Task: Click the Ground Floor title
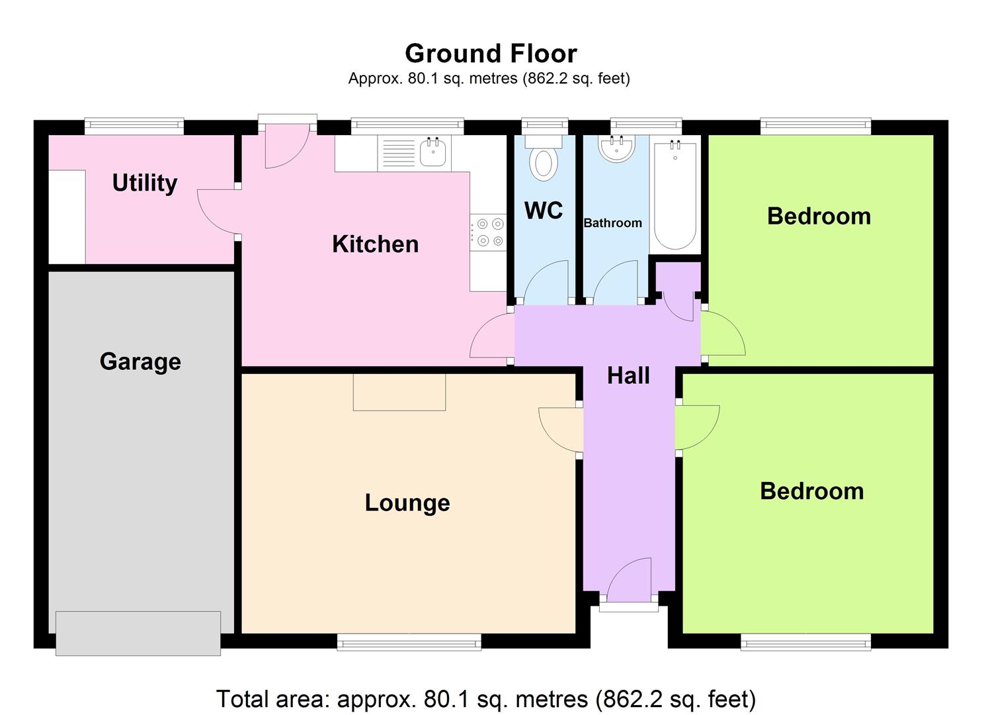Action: (x=491, y=53)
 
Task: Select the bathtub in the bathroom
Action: (x=675, y=196)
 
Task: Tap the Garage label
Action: (x=140, y=361)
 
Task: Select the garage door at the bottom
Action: (x=138, y=633)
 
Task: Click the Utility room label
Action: (x=144, y=183)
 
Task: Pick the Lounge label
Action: (x=407, y=502)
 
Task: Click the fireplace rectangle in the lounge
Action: (x=399, y=392)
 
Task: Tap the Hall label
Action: (x=628, y=375)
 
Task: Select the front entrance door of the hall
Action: (x=629, y=583)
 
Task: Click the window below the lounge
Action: (x=409, y=641)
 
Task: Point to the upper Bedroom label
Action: (x=819, y=216)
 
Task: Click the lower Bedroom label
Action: (x=811, y=491)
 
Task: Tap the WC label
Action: (x=544, y=211)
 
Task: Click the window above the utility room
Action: (x=134, y=126)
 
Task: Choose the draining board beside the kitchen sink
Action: (x=399, y=153)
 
